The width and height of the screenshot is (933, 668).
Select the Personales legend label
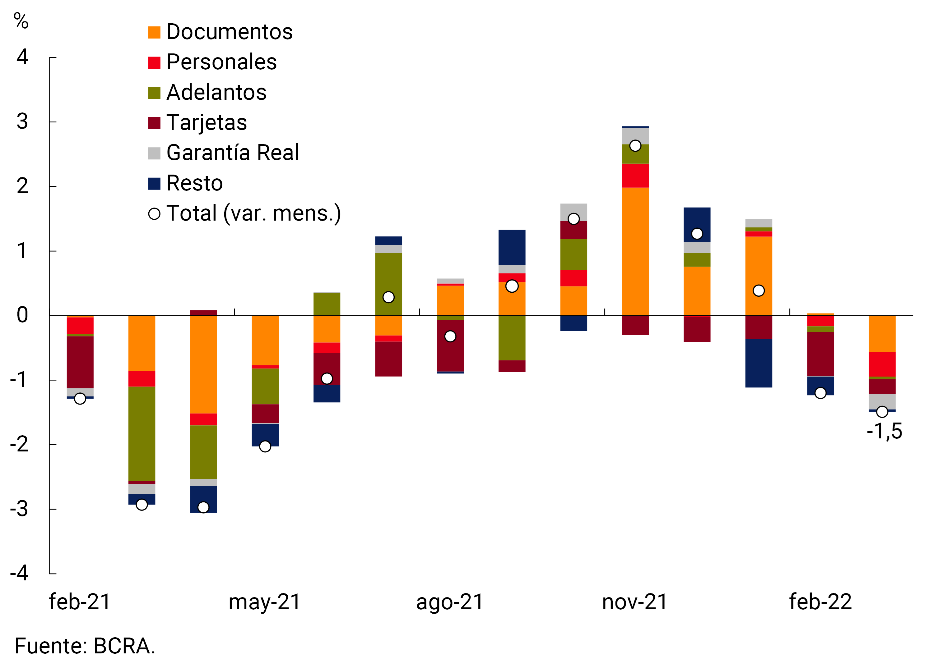(221, 62)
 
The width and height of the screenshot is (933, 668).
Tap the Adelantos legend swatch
(154, 93)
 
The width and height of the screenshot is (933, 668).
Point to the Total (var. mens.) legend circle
(154, 214)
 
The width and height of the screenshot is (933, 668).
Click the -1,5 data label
(884, 431)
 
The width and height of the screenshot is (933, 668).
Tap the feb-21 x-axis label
(80, 602)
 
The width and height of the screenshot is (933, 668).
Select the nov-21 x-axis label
(635, 602)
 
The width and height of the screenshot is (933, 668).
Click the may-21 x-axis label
(265, 602)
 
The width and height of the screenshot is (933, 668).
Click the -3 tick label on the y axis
(19, 509)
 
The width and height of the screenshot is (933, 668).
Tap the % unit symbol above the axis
(21, 21)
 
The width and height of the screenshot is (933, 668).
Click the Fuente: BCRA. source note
(85, 646)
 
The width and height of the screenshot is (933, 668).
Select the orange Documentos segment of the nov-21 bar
(635, 251)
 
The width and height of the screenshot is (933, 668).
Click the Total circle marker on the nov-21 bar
(635, 145)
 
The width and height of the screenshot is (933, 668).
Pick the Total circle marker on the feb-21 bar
(80, 398)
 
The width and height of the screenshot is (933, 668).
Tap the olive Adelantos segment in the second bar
(142, 434)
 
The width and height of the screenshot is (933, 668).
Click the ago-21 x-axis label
(450, 602)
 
